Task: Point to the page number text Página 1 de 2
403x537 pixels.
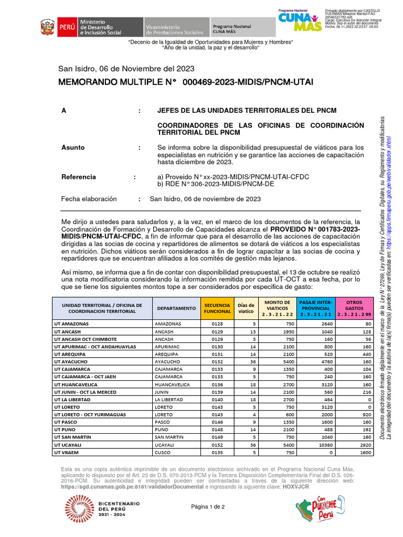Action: coord(208,507)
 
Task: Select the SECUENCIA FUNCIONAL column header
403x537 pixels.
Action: coord(217,308)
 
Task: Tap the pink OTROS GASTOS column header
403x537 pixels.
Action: coord(354,308)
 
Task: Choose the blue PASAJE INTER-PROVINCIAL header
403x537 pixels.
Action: coord(315,308)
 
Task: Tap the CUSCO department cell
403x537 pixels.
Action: coord(163,452)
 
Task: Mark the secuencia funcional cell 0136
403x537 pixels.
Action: coord(217,384)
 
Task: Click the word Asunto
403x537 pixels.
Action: coord(73,147)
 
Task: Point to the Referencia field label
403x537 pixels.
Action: coord(79,177)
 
